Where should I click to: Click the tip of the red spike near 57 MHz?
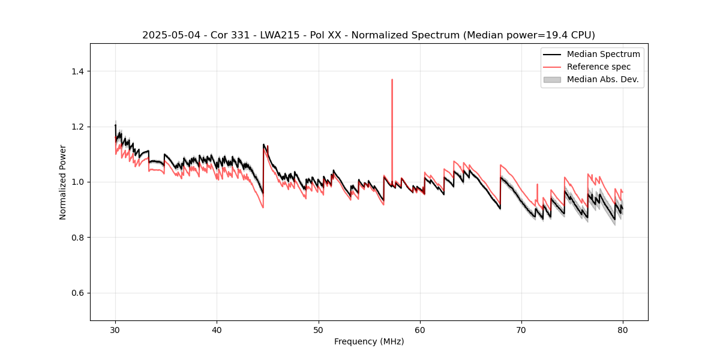coord(392,79)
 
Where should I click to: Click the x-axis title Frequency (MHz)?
coord(369,341)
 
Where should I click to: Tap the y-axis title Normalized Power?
coord(63,182)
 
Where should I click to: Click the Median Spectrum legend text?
coord(603,54)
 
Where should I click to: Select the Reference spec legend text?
coord(599,67)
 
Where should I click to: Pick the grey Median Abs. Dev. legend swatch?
coord(552,79)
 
